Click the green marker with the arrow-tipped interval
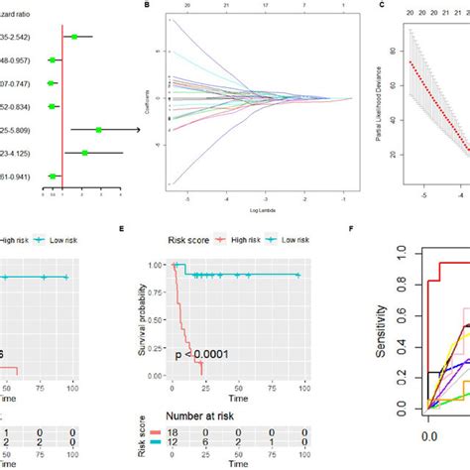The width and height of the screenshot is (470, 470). pyautogui.click(x=99, y=129)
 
